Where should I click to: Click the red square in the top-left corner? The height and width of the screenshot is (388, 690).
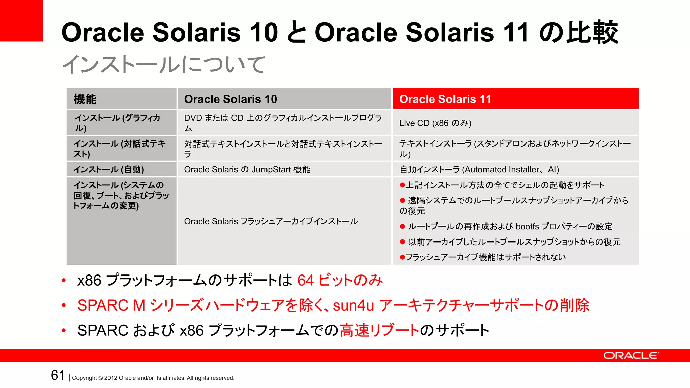pos(21,20)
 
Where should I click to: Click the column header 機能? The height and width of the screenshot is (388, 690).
pos(85,99)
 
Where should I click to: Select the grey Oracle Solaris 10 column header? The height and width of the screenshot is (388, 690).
pos(230,99)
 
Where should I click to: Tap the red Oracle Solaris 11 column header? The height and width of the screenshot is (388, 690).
pos(445,99)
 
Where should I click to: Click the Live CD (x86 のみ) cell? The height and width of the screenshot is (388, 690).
pos(435,123)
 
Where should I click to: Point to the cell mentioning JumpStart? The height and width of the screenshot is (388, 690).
pos(247,169)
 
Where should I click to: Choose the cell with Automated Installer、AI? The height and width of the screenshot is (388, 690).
pos(479,169)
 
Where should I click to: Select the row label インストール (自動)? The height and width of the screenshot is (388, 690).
pos(108,169)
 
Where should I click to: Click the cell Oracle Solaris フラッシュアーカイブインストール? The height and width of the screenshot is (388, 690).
pos(271,221)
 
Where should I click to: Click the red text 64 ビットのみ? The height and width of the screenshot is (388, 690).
pos(340,280)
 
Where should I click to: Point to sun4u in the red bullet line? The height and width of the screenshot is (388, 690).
pos(353,305)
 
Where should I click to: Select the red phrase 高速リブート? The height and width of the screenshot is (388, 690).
pos(379,330)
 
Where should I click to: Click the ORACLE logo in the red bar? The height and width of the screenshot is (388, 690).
pos(631,356)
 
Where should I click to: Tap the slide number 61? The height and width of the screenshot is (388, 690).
pos(58,375)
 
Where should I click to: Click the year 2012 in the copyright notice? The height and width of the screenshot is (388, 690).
pos(111,378)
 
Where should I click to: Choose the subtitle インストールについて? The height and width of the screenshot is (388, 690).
pos(164,64)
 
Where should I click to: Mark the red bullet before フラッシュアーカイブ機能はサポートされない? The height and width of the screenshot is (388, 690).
pos(402,257)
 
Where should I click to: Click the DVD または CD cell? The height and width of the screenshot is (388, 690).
pos(282,123)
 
